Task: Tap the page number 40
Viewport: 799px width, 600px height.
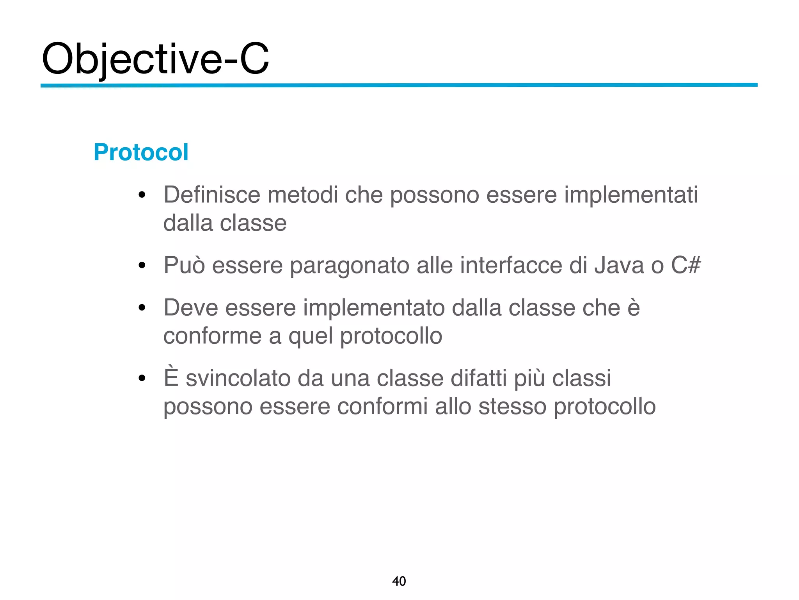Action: pyautogui.click(x=399, y=581)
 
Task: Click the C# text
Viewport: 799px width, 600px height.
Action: pyautogui.click(x=685, y=265)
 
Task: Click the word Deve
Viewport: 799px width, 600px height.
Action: pyautogui.click(x=191, y=308)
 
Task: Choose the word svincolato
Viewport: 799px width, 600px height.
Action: pyautogui.click(x=238, y=379)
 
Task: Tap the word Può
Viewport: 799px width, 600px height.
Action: pyautogui.click(x=184, y=265)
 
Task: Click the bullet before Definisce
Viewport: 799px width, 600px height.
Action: pyautogui.click(x=142, y=195)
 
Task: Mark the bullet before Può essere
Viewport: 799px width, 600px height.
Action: pyautogui.click(x=142, y=266)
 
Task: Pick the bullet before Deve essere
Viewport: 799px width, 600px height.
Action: pyautogui.click(x=142, y=308)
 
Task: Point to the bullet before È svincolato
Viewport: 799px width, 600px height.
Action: pyautogui.click(x=142, y=378)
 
